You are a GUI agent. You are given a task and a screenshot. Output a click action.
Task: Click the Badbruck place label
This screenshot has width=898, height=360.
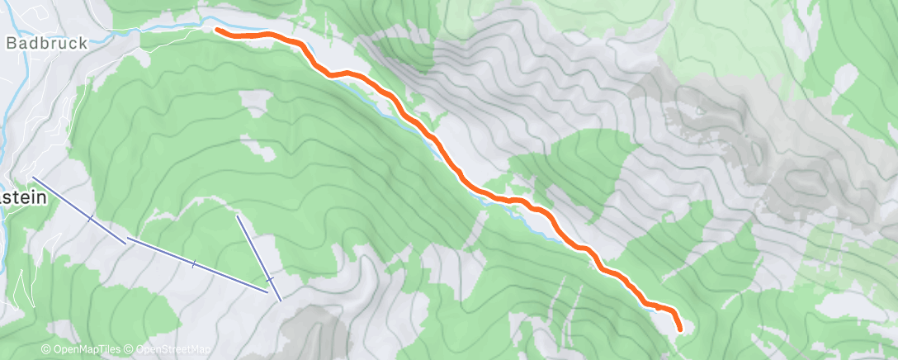coord(46,43)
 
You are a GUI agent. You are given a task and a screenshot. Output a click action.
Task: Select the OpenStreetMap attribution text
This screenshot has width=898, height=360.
coord(168,350)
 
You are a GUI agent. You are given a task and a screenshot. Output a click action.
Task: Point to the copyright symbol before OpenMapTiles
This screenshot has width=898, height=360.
coord(46,350)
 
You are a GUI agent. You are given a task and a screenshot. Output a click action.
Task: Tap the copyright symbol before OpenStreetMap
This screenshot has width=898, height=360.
coord(130,350)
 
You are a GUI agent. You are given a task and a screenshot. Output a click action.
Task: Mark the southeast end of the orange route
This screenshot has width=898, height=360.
coord(679,329)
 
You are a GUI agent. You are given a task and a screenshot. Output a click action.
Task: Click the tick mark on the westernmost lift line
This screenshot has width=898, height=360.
coord(90,218)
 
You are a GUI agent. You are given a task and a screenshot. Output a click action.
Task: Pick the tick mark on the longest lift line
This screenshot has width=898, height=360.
coord(193,264)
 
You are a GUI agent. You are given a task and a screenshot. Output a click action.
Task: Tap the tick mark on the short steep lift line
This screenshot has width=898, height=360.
coord(268,279)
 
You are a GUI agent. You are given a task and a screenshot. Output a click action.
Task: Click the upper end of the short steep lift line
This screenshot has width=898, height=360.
coord(238,216)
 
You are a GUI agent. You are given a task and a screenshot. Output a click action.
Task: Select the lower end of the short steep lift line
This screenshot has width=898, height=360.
coord(281,300)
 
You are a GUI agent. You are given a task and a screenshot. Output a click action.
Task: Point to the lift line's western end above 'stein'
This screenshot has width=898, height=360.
coord(33,178)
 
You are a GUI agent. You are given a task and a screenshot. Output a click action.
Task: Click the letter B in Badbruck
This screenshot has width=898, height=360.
coord(12,43)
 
